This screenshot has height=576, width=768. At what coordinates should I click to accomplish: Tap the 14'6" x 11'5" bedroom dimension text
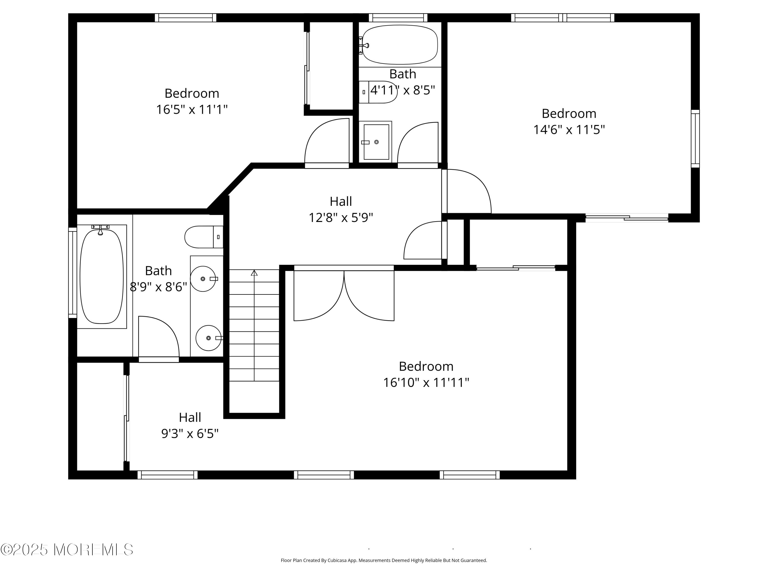(x=569, y=130)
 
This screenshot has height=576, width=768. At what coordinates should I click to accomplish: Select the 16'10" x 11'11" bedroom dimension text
(x=426, y=383)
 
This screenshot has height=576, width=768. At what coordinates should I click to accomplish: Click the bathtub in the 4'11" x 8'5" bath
(x=400, y=45)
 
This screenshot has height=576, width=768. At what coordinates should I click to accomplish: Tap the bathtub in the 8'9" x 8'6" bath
(x=101, y=276)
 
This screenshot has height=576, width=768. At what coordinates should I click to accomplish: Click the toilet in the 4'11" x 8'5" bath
(x=378, y=92)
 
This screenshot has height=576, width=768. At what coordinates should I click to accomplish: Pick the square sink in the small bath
(x=376, y=142)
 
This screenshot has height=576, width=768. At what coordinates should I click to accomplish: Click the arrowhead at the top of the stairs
(x=254, y=273)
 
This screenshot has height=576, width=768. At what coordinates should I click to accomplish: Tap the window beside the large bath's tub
(x=72, y=273)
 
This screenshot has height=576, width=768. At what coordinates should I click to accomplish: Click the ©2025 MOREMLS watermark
(x=67, y=550)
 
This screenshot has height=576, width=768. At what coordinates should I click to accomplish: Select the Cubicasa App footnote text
(x=384, y=560)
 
